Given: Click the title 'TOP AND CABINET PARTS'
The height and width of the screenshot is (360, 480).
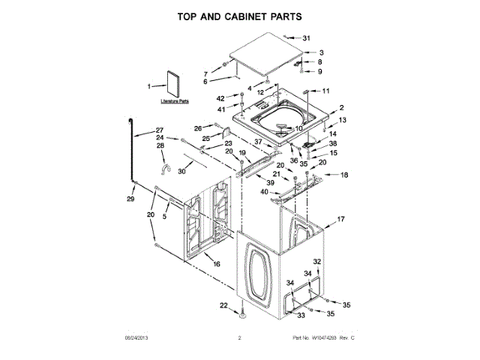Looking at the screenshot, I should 239,16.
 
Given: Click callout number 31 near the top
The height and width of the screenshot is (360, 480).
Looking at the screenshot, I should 305,38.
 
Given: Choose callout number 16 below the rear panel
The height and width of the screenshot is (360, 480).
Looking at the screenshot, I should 217,264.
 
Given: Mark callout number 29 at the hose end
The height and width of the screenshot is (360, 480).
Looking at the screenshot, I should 130,199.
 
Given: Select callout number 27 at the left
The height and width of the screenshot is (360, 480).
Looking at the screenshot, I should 159,130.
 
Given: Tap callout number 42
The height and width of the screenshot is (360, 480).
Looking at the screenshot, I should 220,99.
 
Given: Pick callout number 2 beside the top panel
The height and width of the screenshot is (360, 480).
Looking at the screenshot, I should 341,109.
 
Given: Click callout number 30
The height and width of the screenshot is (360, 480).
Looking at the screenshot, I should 181,171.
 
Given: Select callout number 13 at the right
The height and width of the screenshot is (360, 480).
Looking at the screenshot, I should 342,121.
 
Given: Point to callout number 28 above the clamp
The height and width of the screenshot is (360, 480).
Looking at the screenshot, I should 160,145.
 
